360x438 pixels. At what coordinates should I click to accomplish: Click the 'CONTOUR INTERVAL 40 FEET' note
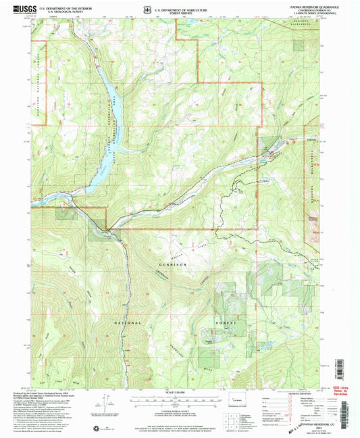(179, 408)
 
